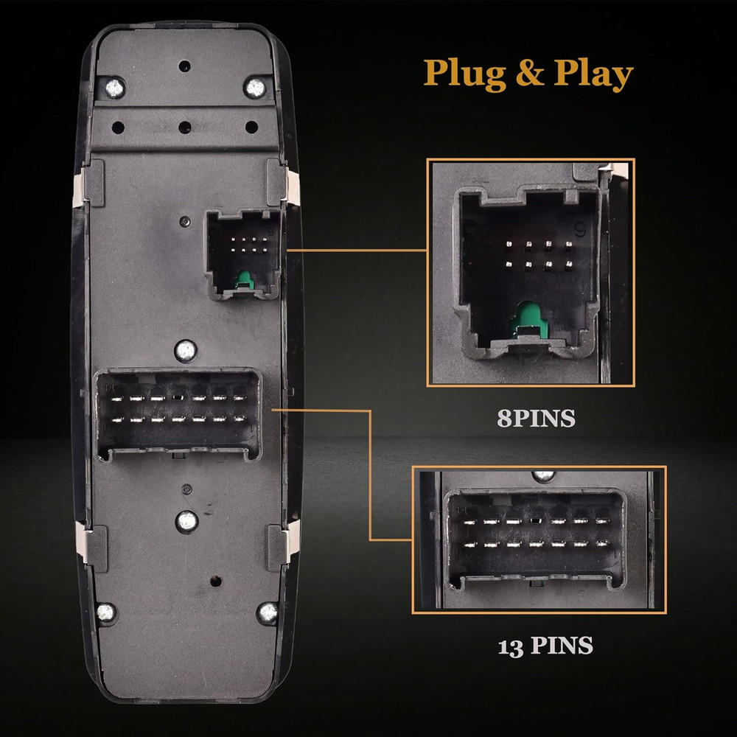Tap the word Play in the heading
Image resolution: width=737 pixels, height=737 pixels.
pyautogui.click(x=594, y=74)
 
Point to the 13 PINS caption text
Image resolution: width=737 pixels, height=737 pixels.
pyautogui.click(x=545, y=646)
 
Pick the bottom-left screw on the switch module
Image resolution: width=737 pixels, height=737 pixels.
pyautogui.click(x=106, y=611)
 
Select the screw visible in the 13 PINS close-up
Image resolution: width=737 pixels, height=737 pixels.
pyautogui.click(x=543, y=475)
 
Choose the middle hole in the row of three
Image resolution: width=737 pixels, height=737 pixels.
pyautogui.click(x=184, y=128)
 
